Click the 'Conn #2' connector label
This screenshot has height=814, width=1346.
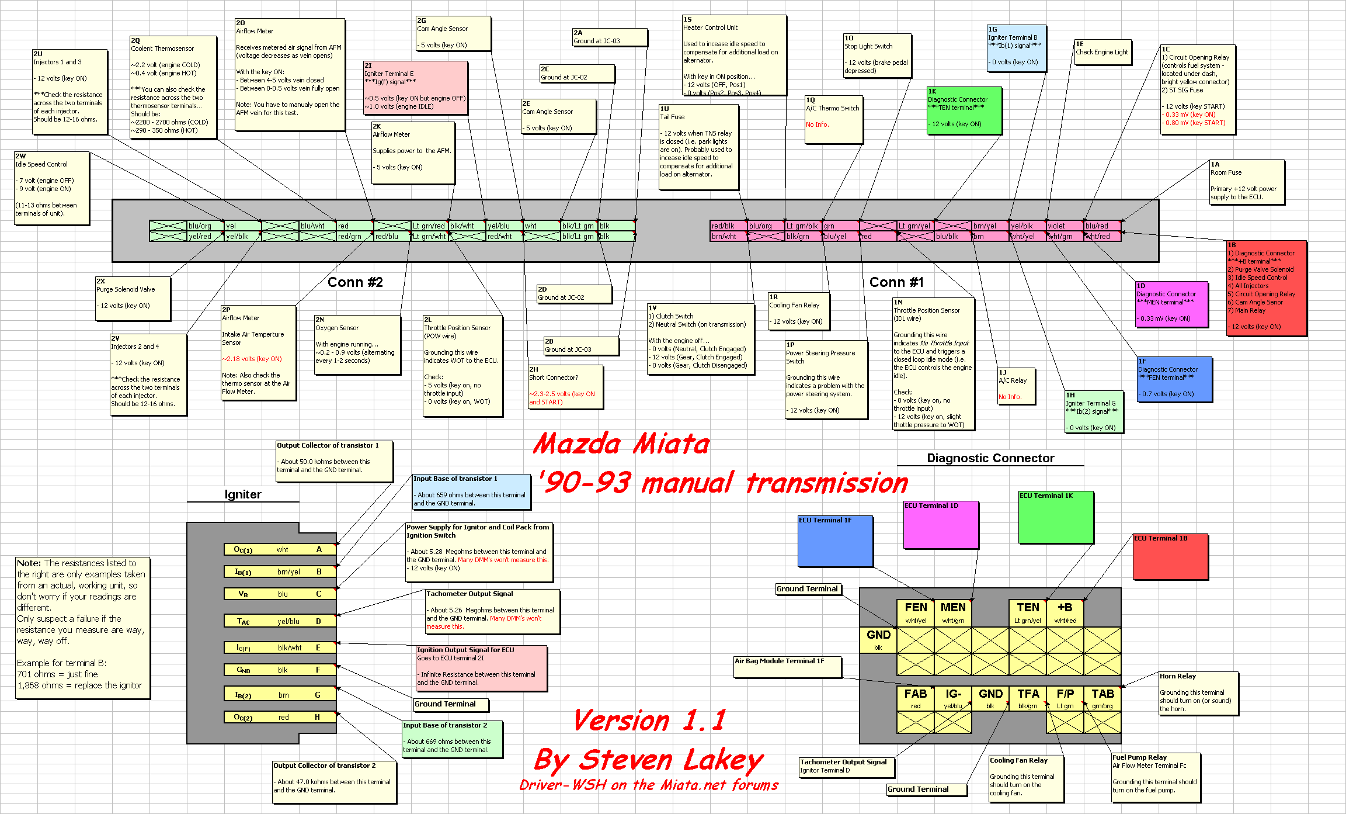point(355,282)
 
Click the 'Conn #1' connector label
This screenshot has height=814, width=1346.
point(896,282)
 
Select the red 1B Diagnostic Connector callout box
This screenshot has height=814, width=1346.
point(1266,288)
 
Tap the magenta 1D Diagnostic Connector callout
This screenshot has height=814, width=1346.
point(1171,304)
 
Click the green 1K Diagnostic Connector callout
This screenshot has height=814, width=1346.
point(964,110)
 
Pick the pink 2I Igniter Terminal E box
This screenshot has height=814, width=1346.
point(415,87)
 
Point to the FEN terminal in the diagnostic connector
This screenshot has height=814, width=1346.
point(916,612)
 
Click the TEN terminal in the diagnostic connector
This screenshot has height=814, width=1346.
point(1028,612)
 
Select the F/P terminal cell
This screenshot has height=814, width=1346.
point(1065,699)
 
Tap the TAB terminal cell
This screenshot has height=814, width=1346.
point(1102,699)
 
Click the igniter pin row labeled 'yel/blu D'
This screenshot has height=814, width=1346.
point(280,621)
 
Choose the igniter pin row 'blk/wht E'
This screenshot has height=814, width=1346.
point(280,647)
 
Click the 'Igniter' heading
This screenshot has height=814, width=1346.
point(243,494)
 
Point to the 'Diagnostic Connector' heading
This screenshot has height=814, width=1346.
point(990,458)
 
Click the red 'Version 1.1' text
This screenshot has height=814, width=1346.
point(649,720)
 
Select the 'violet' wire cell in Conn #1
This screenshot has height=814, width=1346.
point(1065,226)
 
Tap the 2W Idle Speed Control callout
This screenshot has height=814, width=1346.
point(52,188)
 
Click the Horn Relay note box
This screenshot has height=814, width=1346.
point(1198,692)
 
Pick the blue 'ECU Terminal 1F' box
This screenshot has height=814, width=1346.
point(836,541)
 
